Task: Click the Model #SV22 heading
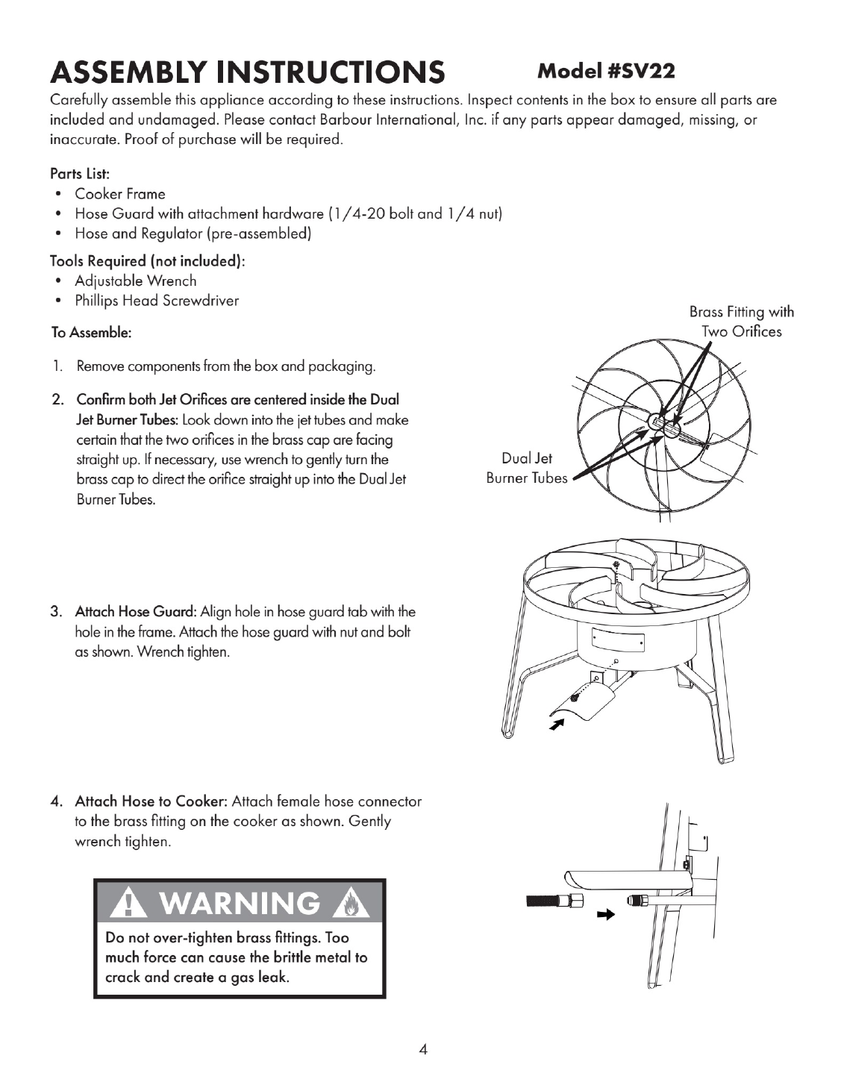click(x=605, y=72)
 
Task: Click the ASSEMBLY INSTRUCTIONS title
click(x=248, y=72)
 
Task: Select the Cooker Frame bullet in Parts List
click(x=119, y=194)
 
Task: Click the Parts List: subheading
click(x=80, y=174)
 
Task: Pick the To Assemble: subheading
click(x=91, y=332)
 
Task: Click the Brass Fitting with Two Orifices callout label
click(x=741, y=322)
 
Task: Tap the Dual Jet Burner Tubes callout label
click(x=527, y=468)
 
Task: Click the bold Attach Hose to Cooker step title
click(x=152, y=801)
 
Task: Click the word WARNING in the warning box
click(x=240, y=903)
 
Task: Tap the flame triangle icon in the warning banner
click(x=351, y=904)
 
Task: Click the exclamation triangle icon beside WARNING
click(x=128, y=904)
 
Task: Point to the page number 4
click(x=423, y=1049)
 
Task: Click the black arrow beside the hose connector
click(x=606, y=914)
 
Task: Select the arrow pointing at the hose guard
click(x=556, y=725)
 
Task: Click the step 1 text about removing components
click(x=226, y=366)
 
